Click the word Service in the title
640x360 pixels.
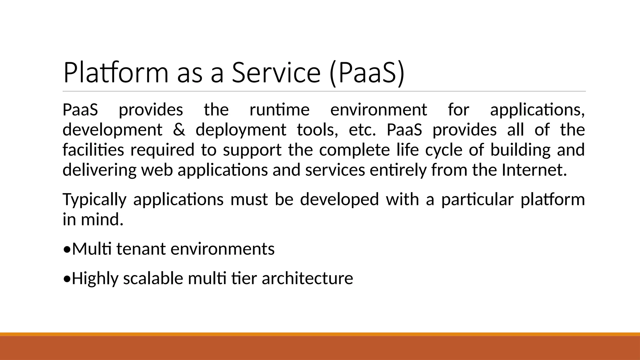pyautogui.click(x=276, y=72)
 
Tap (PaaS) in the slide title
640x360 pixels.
pyautogui.click(x=367, y=72)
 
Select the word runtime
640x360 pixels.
pyautogui.click(x=279, y=110)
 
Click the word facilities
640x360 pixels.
pyautogui.click(x=93, y=150)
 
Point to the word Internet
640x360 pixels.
pyautogui.click(x=534, y=170)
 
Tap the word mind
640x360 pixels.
pyautogui.click(x=102, y=219)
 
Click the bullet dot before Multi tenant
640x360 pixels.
pyautogui.click(x=67, y=250)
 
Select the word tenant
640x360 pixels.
pyautogui.click(x=141, y=249)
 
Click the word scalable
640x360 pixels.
pyautogui.click(x=153, y=278)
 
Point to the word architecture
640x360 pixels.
pyautogui.click(x=307, y=278)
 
